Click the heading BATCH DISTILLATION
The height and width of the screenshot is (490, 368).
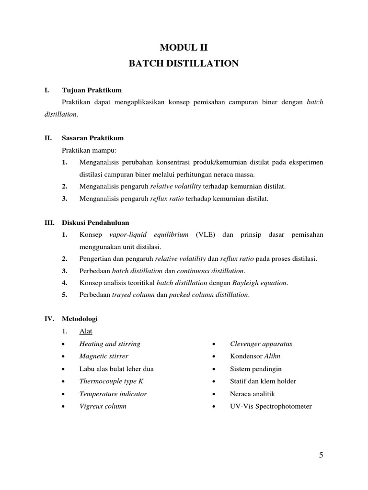(x=184, y=64)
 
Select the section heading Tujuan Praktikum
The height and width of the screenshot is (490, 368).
(x=92, y=90)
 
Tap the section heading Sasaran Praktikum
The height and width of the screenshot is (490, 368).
(x=92, y=138)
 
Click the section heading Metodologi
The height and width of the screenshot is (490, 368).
(x=80, y=318)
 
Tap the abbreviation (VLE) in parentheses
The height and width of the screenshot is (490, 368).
(x=205, y=234)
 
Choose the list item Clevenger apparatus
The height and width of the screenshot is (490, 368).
(x=261, y=344)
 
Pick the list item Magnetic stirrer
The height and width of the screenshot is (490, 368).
(x=103, y=356)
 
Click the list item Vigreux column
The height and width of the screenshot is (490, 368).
(x=103, y=406)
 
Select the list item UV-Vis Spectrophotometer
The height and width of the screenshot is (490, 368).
(x=271, y=406)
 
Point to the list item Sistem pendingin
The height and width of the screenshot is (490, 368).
(x=255, y=369)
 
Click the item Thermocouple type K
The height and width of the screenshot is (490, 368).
(x=111, y=381)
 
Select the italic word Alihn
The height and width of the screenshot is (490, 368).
(x=271, y=356)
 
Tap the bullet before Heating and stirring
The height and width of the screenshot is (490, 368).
(x=64, y=344)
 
